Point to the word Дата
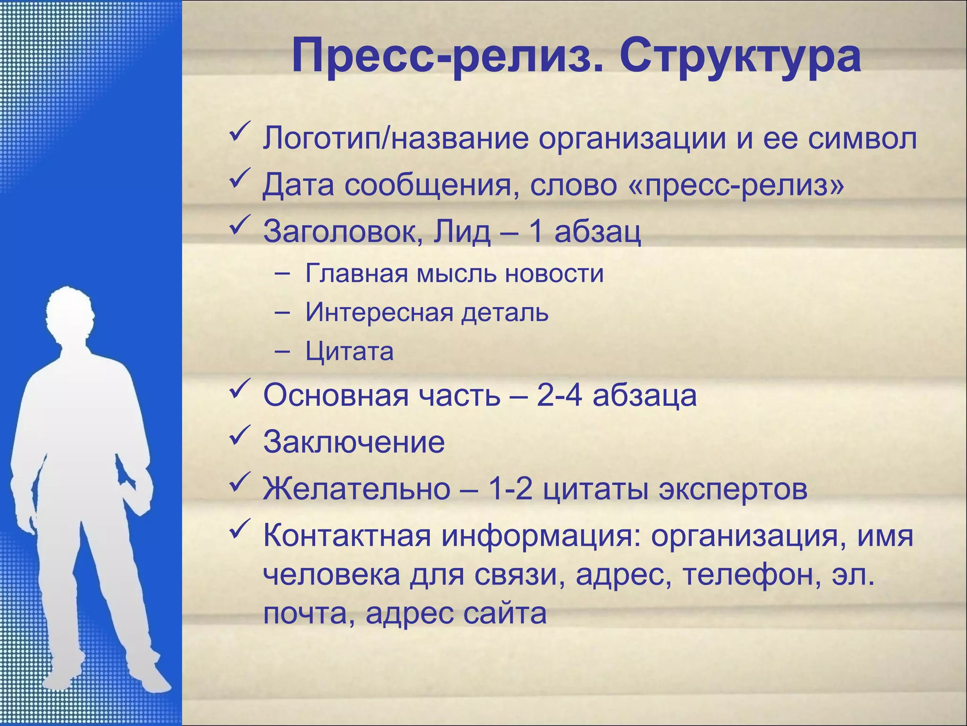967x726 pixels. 298,185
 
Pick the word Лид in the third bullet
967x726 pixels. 462,232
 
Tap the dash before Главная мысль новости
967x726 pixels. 282,274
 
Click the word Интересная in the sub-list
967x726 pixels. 380,312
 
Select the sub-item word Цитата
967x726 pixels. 349,352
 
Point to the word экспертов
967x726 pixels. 733,489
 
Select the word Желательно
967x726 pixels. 357,489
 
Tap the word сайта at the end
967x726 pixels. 504,614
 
